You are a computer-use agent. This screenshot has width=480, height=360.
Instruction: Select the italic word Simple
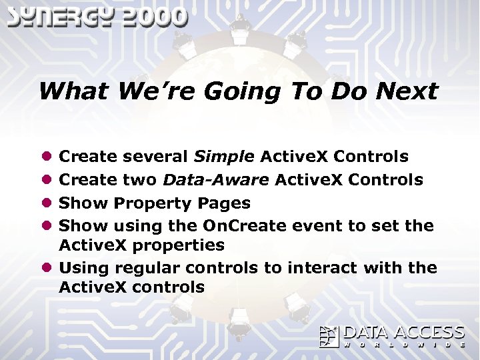(223, 157)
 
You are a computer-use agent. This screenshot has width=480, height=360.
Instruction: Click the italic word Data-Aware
(217, 179)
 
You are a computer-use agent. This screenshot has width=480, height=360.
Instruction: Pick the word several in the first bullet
(156, 157)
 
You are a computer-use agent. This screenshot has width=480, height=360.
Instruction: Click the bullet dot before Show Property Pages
(47, 203)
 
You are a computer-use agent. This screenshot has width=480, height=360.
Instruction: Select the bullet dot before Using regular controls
(47, 267)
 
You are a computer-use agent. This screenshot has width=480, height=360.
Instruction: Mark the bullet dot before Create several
(47, 157)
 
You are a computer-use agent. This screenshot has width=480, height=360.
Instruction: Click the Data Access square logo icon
(329, 336)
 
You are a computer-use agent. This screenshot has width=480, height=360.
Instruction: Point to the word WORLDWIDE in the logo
(404, 345)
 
